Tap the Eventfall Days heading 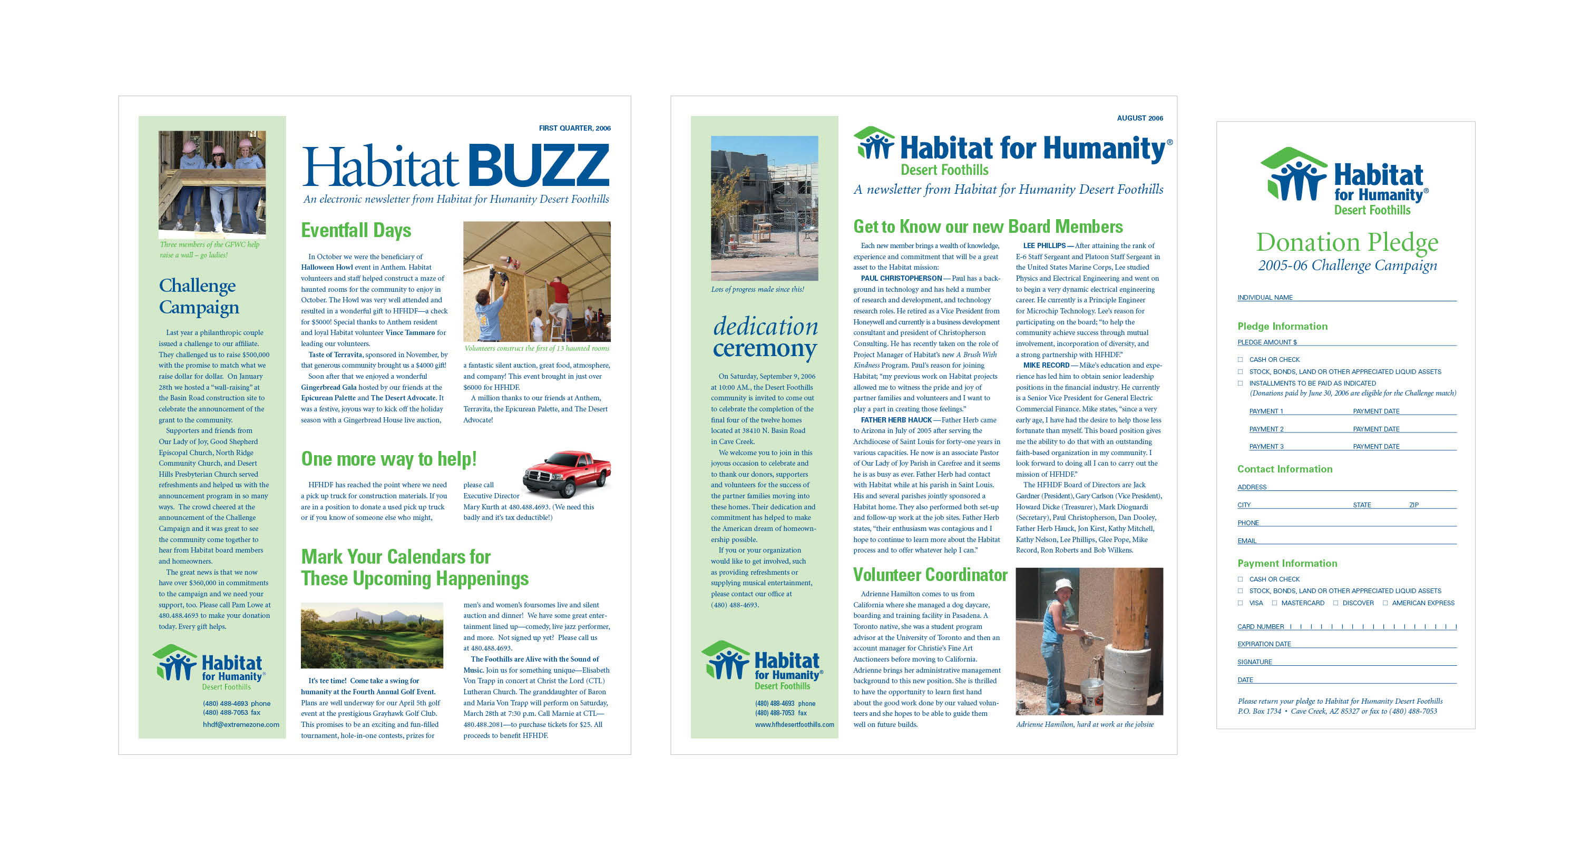coord(356,230)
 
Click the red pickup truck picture coord(567,473)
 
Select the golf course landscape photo coord(372,635)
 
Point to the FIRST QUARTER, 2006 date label coord(574,128)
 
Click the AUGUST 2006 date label coord(1140,118)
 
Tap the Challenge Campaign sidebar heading coord(198,297)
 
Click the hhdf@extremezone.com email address coord(241,725)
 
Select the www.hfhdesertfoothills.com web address coord(794,725)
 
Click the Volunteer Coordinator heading coord(930,575)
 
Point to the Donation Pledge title coord(1347,242)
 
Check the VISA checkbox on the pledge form coord(1241,603)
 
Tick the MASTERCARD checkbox coord(1274,603)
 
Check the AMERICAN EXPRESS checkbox coord(1385,603)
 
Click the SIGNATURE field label coord(1254,662)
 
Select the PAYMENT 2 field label coord(1266,429)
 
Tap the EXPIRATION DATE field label coord(1264,644)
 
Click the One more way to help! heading coord(388,459)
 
